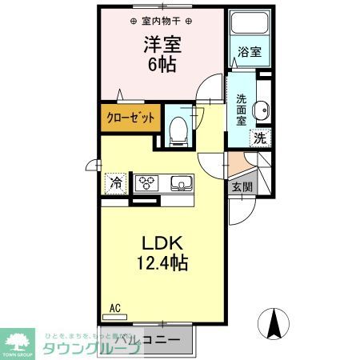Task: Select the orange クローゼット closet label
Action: click(131, 118)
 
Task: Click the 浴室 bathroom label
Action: click(248, 53)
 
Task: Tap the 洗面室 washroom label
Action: click(241, 111)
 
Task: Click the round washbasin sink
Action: click(260, 111)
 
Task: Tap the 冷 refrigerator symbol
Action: click(117, 183)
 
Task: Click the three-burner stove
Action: click(148, 183)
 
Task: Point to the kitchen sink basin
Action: click(182, 184)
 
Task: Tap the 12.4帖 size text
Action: click(164, 262)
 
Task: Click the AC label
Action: click(115, 306)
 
